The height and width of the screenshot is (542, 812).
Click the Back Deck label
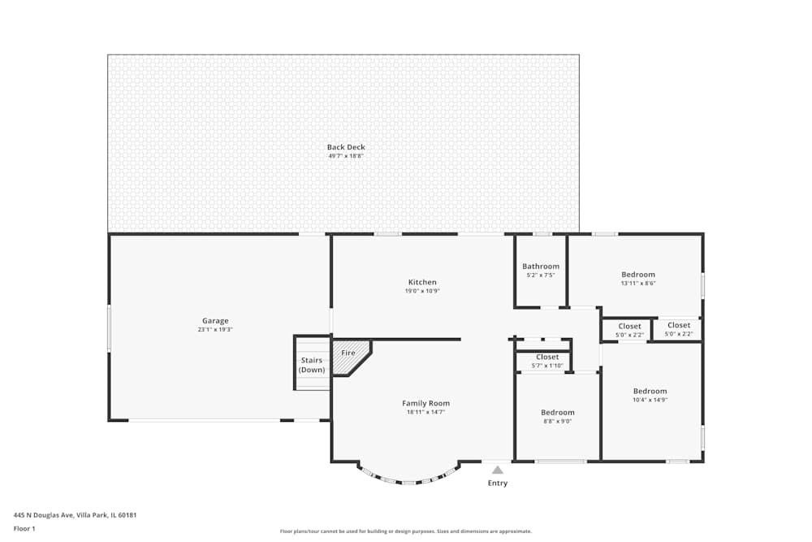coord(346,147)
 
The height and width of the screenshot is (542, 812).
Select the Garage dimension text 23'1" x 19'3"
coord(215,330)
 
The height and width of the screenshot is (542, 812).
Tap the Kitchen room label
coord(422,282)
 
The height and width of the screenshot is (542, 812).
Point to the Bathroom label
coord(541,267)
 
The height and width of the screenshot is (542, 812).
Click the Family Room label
coord(425,403)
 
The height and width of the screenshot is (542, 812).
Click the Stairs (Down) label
coord(312,365)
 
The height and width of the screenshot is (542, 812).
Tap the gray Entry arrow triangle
coord(498,470)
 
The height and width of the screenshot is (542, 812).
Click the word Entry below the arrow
coord(498,483)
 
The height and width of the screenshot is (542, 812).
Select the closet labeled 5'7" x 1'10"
coord(547,361)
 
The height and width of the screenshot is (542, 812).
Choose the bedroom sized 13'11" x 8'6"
coord(637,279)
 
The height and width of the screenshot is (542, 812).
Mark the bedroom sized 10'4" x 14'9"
coord(650,395)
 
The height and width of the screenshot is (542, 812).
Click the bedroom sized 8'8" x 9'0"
coord(558,416)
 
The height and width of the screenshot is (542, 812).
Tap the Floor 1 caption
coord(24,528)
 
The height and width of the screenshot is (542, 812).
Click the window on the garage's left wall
coord(109,328)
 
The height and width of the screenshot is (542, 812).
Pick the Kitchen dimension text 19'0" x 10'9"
coord(422,291)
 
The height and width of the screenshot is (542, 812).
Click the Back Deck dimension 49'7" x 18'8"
coord(346,156)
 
